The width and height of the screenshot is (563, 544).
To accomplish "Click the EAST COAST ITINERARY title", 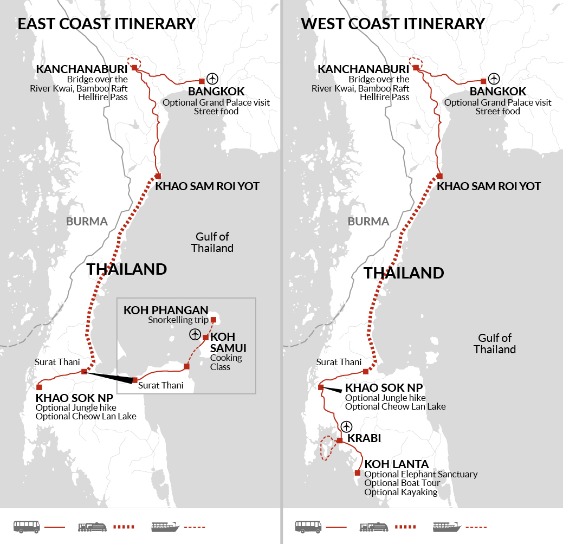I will pyautogui.click(x=106, y=24).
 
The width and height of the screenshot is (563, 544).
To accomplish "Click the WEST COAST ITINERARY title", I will pyautogui.click(x=392, y=24).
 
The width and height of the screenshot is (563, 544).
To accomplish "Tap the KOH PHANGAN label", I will pyautogui.click(x=166, y=310).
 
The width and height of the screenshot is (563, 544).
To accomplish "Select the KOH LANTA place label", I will pyautogui.click(x=397, y=464).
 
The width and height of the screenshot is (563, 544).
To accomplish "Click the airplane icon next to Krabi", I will pyautogui.click(x=346, y=426).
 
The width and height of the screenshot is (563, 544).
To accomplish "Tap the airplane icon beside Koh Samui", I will pyautogui.click(x=195, y=334).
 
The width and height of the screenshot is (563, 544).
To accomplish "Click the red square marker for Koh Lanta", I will pyautogui.click(x=357, y=472).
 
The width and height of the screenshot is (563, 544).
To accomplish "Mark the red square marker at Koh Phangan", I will pyautogui.click(x=213, y=319).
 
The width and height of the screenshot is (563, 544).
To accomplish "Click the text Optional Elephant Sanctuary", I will pyautogui.click(x=421, y=474).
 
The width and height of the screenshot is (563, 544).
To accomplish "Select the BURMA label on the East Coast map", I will pyautogui.click(x=87, y=221).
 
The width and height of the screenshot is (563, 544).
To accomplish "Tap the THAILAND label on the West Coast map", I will pyautogui.click(x=404, y=273).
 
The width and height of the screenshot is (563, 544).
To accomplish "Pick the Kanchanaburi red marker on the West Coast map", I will pyautogui.click(x=415, y=68).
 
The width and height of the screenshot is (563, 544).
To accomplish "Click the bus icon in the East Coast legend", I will pyautogui.click(x=26, y=526).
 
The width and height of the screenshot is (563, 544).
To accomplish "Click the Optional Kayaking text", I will pyautogui.click(x=400, y=492).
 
